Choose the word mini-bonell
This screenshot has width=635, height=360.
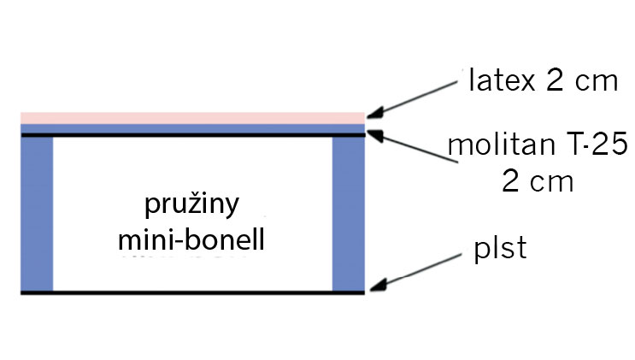pyautogui.click(x=192, y=239)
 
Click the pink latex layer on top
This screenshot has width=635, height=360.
pyautogui.click(x=193, y=117)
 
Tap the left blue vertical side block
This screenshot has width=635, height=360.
pyautogui.click(x=37, y=214)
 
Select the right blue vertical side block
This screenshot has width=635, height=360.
pyautogui.click(x=348, y=214)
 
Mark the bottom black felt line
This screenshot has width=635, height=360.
pyautogui.click(x=193, y=292)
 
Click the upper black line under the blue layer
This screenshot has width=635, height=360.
pyautogui.click(x=193, y=134)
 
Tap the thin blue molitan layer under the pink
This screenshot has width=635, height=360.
pyautogui.click(x=193, y=127)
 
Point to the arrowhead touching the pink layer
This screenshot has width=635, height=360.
pyautogui.click(x=373, y=115)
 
